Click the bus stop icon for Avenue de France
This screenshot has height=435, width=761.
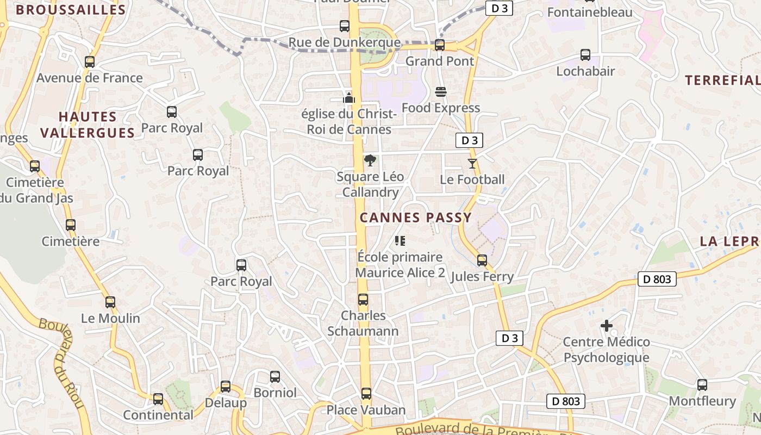(90, 62)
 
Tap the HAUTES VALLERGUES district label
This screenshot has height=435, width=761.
(88, 125)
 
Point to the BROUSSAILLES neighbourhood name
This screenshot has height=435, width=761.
(71, 9)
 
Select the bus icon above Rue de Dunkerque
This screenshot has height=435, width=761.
(345, 26)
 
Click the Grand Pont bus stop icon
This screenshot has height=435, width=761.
(440, 45)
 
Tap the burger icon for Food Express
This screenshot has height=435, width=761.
(441, 91)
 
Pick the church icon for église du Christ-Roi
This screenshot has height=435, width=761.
(348, 98)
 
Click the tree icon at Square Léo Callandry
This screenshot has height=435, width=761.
(370, 160)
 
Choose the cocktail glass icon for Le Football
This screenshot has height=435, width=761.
(472, 163)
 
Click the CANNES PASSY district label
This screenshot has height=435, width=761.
(416, 218)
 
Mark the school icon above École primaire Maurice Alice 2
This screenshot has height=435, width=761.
(400, 240)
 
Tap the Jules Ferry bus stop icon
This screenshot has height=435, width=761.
(482, 260)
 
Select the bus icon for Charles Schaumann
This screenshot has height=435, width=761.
(363, 300)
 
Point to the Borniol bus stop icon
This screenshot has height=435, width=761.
(275, 376)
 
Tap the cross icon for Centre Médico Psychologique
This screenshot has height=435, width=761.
(607, 326)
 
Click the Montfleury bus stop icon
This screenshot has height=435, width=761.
(702, 385)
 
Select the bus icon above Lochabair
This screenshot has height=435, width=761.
(585, 55)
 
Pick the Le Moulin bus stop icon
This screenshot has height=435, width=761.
(110, 302)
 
